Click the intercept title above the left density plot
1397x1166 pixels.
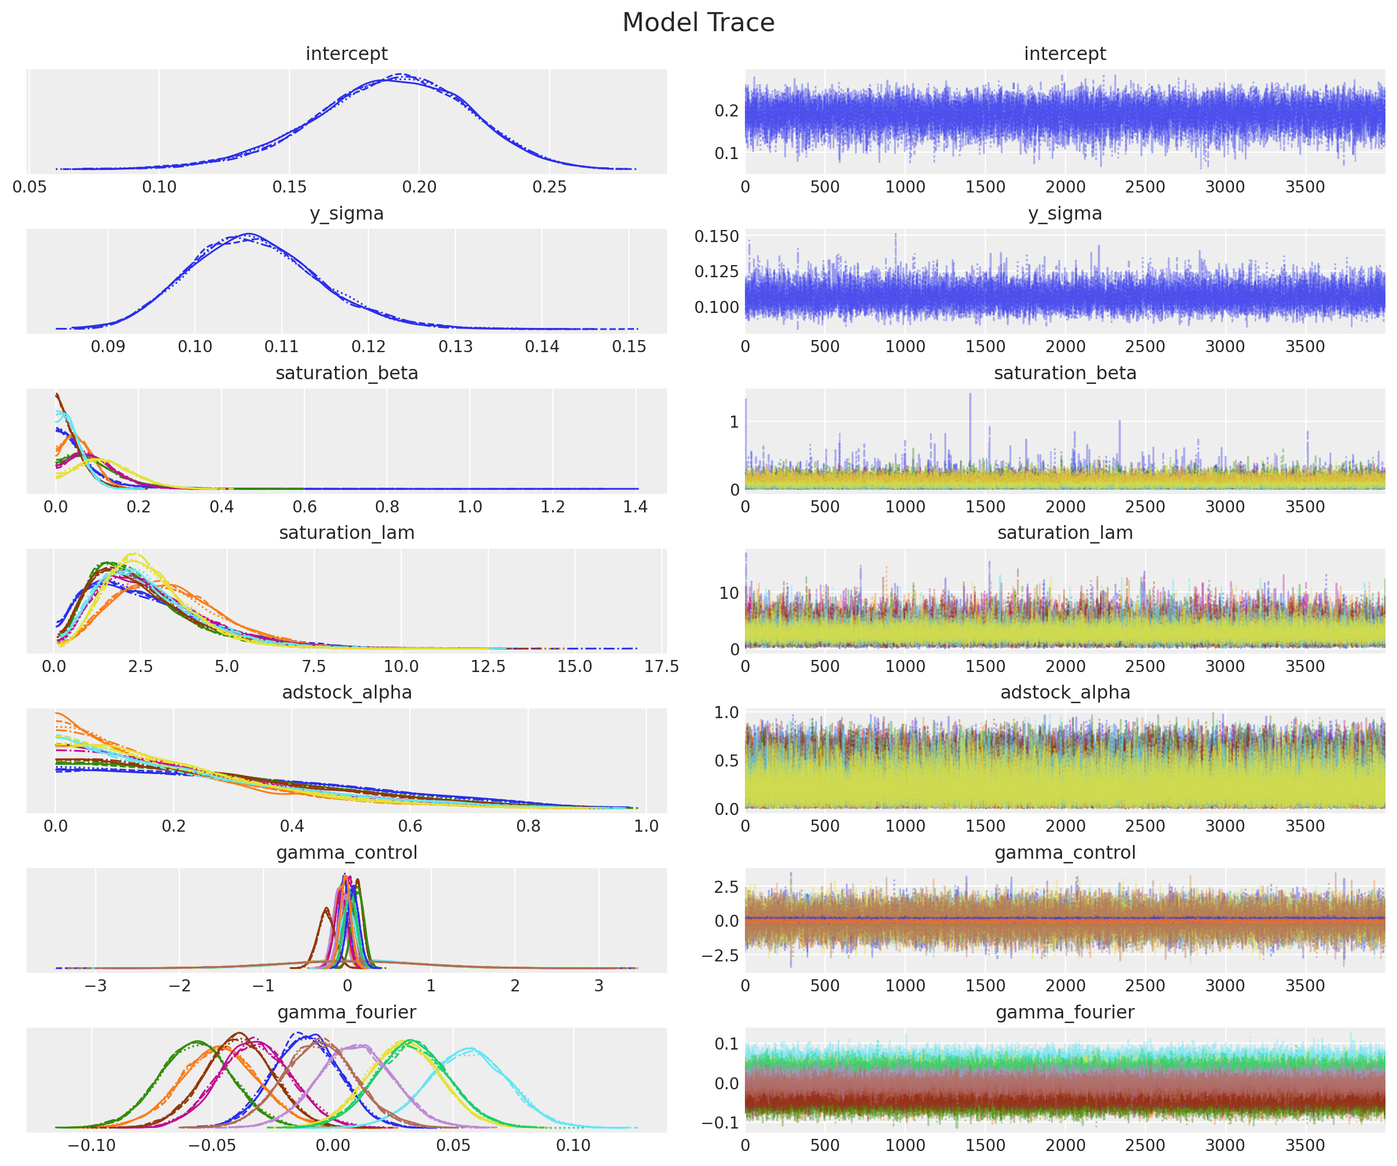point(346,54)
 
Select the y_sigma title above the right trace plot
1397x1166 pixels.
point(1064,213)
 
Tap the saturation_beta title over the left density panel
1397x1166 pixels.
point(346,373)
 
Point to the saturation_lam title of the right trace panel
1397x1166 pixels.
point(1064,533)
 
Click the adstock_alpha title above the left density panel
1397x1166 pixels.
point(346,692)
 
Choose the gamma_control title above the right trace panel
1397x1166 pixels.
point(1064,852)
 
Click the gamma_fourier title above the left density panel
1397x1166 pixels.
point(346,1012)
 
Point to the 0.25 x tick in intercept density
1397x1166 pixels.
point(549,187)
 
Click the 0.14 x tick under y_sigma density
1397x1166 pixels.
point(541,346)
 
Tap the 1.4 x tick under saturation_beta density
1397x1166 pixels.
point(635,507)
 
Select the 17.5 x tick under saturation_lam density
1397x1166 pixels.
point(661,666)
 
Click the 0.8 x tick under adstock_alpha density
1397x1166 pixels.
point(528,826)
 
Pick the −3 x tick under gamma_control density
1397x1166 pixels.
point(95,986)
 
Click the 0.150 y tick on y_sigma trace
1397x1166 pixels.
point(717,236)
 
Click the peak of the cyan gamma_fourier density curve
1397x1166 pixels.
point(470,1049)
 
